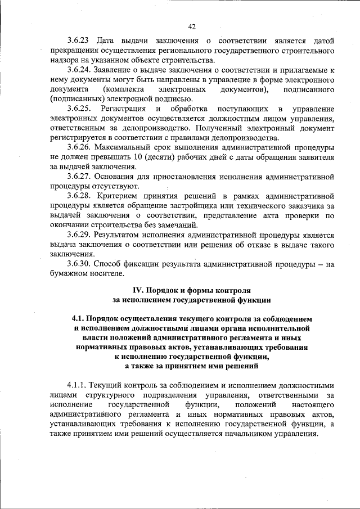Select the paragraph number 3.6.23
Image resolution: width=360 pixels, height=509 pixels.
click(x=79, y=41)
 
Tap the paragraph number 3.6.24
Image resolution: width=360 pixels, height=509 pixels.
click(x=79, y=70)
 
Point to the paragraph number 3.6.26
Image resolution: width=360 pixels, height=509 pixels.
click(x=79, y=147)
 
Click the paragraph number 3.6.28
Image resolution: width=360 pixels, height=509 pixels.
click(x=79, y=196)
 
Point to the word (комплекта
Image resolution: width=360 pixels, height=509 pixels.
click(x=123, y=89)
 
